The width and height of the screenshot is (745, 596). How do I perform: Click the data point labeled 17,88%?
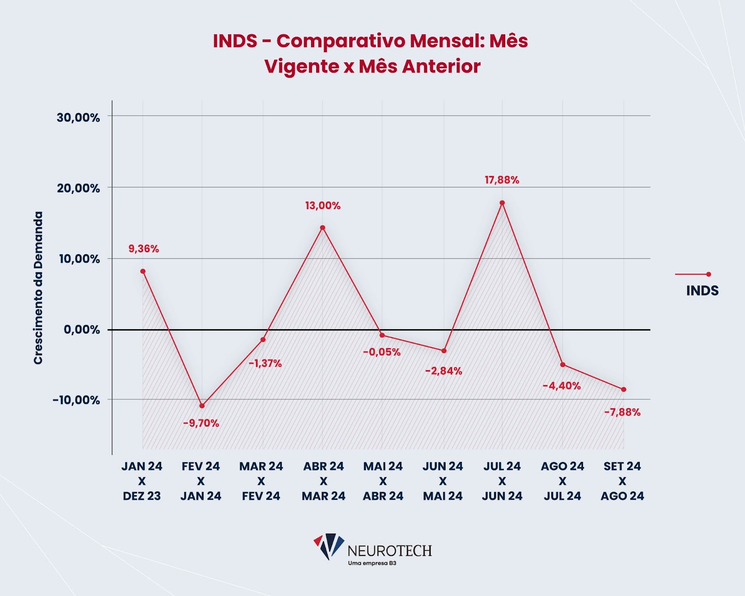502,203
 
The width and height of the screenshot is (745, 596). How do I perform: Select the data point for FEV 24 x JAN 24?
202,406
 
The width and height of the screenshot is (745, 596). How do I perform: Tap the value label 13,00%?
323,205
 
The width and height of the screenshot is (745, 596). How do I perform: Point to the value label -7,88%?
622,412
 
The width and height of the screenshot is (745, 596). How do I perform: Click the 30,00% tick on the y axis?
78,117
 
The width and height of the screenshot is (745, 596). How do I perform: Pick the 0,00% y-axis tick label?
82,330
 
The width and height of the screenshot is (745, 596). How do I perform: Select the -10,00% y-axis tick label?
76,400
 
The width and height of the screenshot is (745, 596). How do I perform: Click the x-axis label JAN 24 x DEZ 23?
142,481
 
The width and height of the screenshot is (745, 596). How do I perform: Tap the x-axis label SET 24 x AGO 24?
622,481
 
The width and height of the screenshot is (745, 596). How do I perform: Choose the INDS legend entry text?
702,291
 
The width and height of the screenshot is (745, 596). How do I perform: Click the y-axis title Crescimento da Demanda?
38,288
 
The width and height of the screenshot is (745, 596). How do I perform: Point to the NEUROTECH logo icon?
329,546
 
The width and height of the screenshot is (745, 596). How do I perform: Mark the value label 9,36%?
143,249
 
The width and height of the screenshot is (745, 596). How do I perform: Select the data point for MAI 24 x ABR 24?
382,335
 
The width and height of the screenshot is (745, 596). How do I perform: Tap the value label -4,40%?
562,386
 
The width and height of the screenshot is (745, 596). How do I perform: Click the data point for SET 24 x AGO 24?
623,389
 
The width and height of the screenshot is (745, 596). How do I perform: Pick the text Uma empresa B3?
372,563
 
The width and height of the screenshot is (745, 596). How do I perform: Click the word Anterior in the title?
441,66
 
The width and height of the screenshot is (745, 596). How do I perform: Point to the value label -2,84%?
443,371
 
